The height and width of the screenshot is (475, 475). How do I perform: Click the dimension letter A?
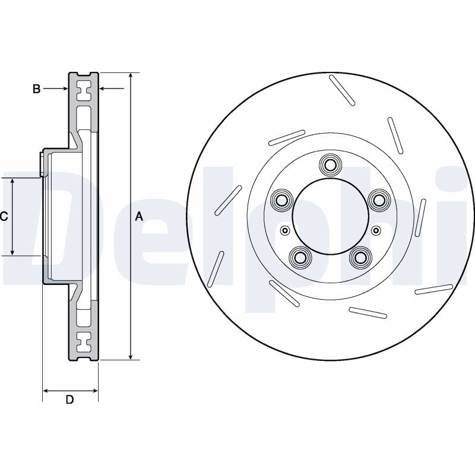pos(139,217)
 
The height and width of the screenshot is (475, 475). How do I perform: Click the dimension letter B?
pos(36,88)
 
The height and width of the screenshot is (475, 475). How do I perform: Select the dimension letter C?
pos(4,217)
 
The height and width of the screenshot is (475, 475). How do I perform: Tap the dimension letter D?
pos(69,400)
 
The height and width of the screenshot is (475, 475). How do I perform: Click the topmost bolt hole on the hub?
pos(330,165)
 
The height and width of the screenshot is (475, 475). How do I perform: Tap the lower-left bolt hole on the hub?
pos(300,258)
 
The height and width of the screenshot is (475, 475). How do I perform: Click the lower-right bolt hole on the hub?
pos(360,258)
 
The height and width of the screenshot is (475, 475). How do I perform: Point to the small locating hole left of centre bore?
pos(285,230)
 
